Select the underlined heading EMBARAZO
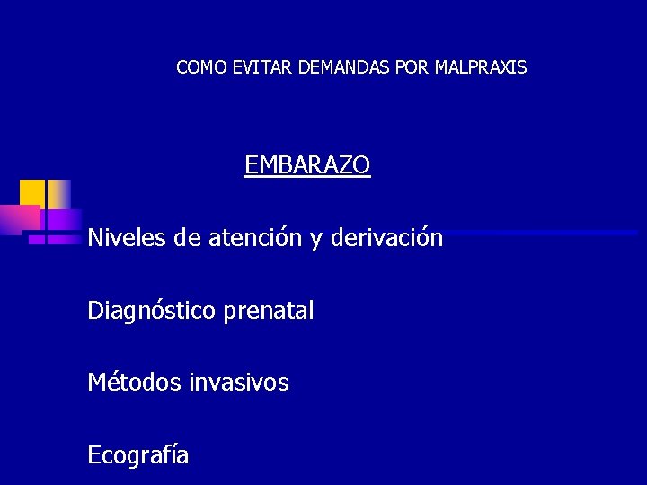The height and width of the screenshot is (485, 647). [307, 165]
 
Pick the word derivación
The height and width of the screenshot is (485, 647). [386, 238]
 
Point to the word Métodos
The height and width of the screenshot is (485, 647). [135, 383]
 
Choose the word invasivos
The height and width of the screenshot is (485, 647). [239, 383]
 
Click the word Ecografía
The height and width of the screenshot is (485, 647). [138, 455]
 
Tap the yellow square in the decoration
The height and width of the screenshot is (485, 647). [32, 192]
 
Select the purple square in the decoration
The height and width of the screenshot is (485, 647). [61, 218]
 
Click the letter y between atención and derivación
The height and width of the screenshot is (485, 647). [317, 240]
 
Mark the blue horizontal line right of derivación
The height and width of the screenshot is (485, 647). [539, 233]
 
